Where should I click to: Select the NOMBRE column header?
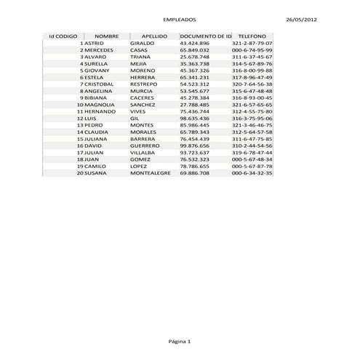coord(107,36)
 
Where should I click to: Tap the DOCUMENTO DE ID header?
coord(205,36)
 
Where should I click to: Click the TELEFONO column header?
coord(252,36)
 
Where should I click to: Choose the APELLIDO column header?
coord(155,36)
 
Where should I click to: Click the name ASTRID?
coord(95,43)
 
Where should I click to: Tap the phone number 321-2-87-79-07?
coord(252,43)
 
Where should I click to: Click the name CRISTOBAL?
coord(99,84)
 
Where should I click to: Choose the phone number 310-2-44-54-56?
coord(252,145)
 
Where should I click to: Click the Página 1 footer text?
coord(180,340)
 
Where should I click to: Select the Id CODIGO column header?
coord(63,36)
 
